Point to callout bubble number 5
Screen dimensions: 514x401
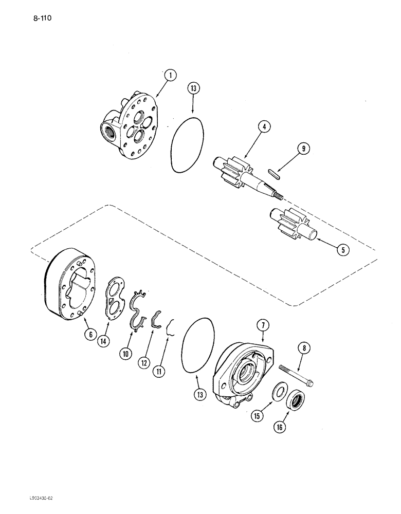(341, 251)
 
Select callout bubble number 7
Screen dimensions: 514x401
(263, 324)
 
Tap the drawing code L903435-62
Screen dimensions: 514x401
(25, 498)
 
